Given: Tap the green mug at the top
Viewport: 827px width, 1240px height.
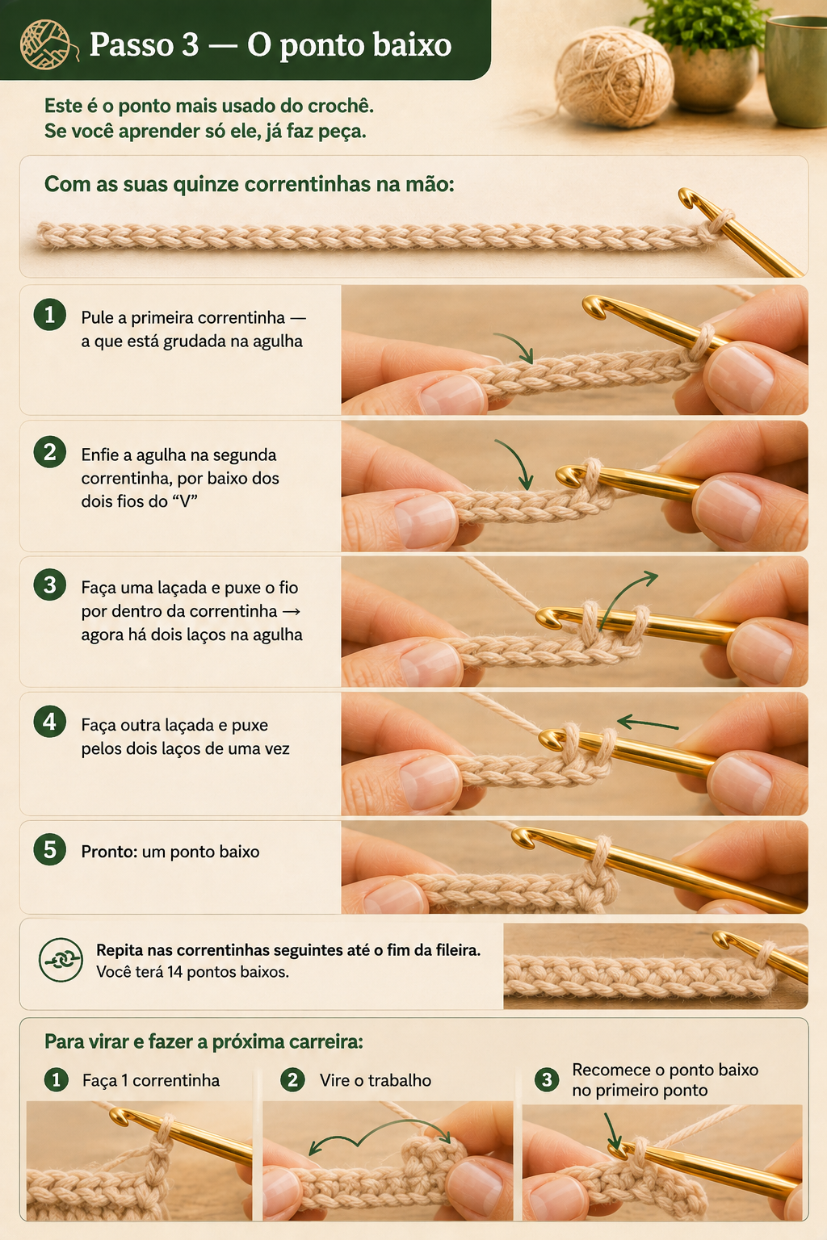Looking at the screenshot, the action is (x=797, y=71).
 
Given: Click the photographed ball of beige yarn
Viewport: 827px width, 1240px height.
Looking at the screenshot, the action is (x=615, y=77).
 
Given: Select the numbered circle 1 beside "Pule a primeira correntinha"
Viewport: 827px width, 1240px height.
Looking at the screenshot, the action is (x=50, y=315).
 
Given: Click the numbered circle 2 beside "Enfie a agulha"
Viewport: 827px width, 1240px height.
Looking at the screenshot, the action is (x=50, y=452).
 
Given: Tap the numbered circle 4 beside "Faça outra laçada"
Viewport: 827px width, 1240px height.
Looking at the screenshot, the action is (x=50, y=721).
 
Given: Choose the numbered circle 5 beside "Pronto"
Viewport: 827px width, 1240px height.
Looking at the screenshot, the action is (x=50, y=849).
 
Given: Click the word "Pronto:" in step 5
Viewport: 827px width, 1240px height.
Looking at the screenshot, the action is (x=109, y=852).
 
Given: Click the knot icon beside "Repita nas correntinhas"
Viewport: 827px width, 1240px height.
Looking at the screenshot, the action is (x=61, y=959).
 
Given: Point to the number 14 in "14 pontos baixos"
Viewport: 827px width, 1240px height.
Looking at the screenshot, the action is (x=175, y=972).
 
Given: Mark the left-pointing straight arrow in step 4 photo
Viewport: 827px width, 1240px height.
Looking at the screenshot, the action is (x=648, y=723).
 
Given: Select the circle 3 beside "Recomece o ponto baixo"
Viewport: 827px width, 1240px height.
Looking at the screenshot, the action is (x=547, y=1079).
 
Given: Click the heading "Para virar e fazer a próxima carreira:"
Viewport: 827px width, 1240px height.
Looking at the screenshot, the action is (x=204, y=1041).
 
